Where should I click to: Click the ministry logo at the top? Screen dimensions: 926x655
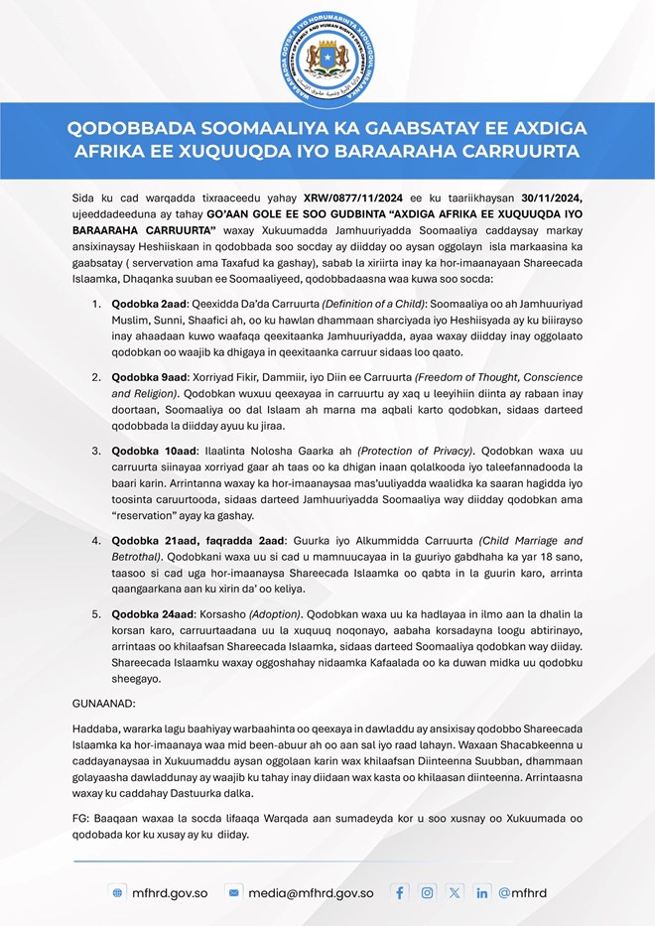pos(327,52)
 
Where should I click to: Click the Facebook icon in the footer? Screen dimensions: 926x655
pos(400,892)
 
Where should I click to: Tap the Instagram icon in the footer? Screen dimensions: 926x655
pos(427,892)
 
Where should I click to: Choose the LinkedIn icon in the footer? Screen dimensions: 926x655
pos(481,892)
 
